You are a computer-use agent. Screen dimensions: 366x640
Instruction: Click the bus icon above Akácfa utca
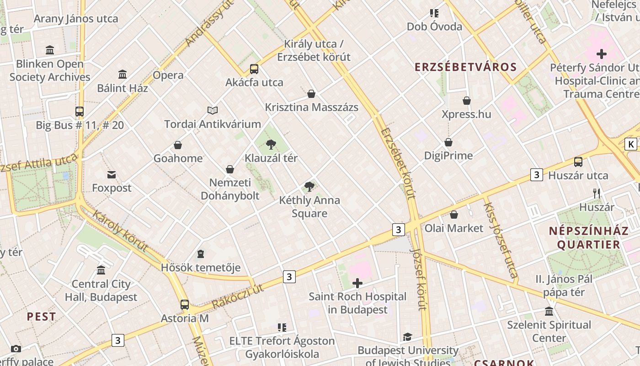(x=254, y=69)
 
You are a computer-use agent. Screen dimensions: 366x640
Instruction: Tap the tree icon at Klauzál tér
(x=271, y=145)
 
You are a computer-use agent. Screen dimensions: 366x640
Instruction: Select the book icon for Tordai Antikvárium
(x=213, y=110)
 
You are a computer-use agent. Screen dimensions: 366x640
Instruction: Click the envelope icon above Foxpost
(x=112, y=174)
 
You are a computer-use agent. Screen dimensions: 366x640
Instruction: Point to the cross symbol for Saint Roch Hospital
(x=357, y=283)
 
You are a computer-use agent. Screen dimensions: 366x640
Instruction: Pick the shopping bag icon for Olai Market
(x=454, y=215)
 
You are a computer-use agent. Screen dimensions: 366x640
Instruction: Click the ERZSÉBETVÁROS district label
(x=465, y=67)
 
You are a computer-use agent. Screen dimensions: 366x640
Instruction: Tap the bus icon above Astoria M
(x=185, y=305)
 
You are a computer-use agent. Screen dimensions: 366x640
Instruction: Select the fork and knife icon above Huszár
(x=597, y=193)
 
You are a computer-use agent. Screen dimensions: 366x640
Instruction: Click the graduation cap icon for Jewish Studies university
(x=407, y=337)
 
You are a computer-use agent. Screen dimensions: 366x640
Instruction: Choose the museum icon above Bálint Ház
(x=123, y=74)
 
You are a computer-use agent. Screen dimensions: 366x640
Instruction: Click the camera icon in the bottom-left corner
(x=16, y=349)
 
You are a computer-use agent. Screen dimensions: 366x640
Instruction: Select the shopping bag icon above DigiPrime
(x=448, y=142)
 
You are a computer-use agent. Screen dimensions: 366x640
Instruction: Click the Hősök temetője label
(x=201, y=268)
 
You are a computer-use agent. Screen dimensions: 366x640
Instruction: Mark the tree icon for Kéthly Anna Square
(x=309, y=186)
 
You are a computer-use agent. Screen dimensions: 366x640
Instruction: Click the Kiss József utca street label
(x=501, y=240)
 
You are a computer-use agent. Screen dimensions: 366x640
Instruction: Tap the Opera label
(x=168, y=75)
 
